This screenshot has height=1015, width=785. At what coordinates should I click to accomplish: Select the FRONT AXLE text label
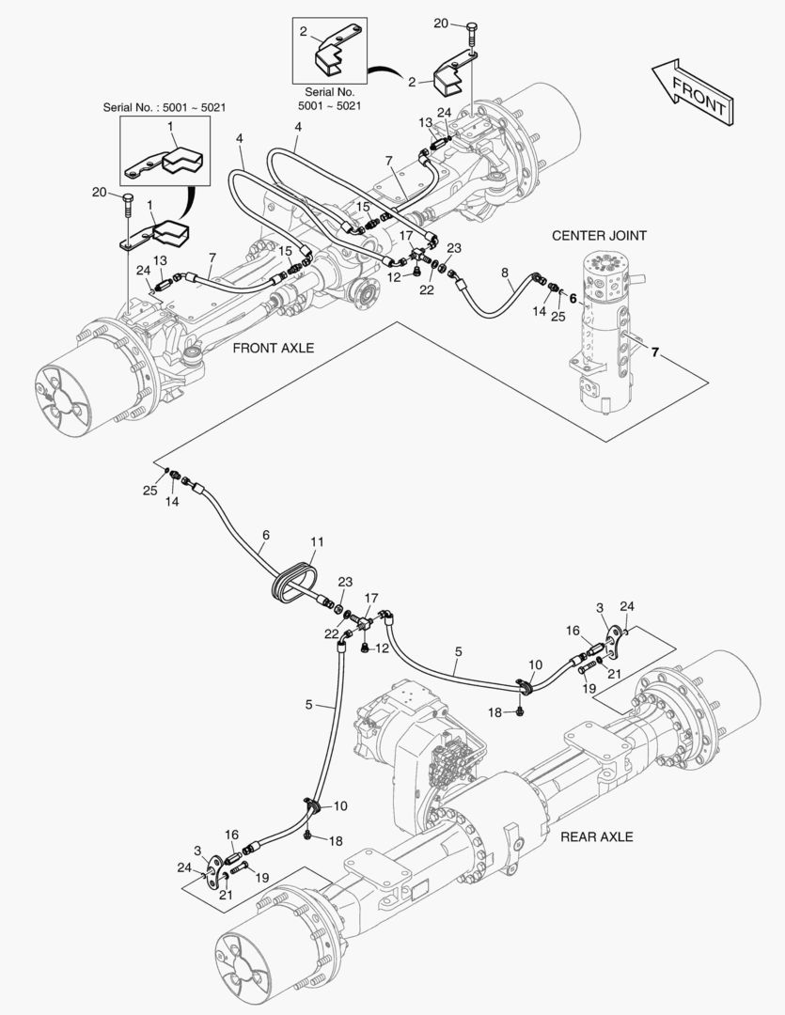[x=273, y=348]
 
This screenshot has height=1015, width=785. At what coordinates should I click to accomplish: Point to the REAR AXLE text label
[x=597, y=836]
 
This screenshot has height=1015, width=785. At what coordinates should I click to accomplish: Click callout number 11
[x=317, y=542]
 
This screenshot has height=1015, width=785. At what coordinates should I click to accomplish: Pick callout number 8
[x=505, y=274]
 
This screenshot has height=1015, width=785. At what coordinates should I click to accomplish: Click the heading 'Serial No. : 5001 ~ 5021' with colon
[x=165, y=108]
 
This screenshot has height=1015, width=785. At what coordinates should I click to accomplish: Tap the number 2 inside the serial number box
[x=303, y=31]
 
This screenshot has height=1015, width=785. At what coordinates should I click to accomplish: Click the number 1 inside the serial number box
[x=170, y=125]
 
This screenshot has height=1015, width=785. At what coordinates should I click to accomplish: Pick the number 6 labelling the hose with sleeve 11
[x=266, y=534]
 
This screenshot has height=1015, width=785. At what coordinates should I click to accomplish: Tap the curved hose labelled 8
[x=489, y=301]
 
